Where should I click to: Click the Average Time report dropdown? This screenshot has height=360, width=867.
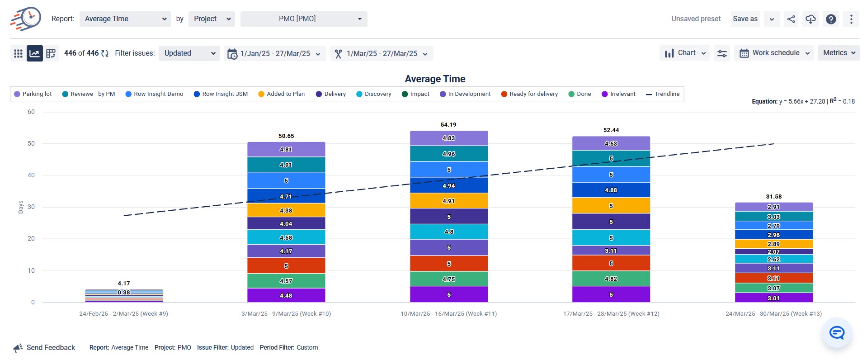(125, 19)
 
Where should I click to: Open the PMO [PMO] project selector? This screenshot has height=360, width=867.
(303, 19)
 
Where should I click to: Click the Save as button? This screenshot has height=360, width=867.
(744, 19)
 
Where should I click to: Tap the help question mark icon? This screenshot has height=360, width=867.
(830, 19)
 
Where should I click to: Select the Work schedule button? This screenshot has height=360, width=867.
(775, 53)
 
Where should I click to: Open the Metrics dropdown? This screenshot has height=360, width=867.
(838, 53)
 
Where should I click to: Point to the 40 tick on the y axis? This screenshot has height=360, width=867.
(31, 175)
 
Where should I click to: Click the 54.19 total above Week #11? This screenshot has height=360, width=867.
(448, 125)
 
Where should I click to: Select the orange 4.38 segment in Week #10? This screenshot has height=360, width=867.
(286, 210)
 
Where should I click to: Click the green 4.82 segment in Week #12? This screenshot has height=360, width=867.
(611, 279)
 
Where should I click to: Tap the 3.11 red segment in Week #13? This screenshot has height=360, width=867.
(773, 278)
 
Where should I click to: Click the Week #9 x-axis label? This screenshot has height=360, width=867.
(123, 313)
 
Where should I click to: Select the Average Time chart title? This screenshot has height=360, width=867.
(435, 79)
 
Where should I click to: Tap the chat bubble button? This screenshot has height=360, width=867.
(836, 333)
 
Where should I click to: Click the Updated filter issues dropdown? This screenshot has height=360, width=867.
(189, 53)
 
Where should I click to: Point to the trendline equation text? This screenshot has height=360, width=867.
(803, 101)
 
